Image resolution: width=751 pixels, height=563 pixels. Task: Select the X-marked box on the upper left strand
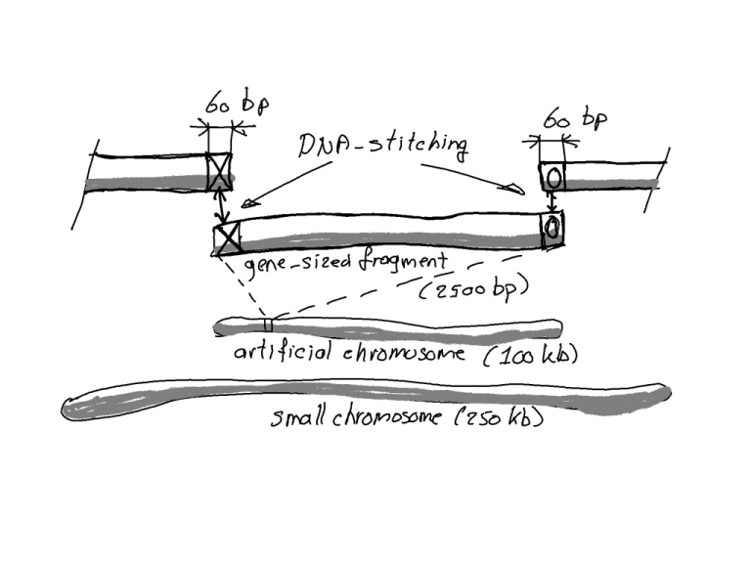pos(221,174)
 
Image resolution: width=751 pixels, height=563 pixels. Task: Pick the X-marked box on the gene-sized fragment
pos(227,237)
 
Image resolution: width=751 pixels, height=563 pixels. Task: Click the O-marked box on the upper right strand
pos(552,177)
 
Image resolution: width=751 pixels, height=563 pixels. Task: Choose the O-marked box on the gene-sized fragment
pos(552,228)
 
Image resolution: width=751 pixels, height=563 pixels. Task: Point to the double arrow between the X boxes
pos(224,207)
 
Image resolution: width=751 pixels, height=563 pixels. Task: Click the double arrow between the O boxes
pos(552,202)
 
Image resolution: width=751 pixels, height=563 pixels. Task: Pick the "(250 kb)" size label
pos(498,420)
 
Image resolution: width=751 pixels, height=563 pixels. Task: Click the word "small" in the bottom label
pos(299,419)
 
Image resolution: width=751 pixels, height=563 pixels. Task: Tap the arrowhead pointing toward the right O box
pos(510,188)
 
